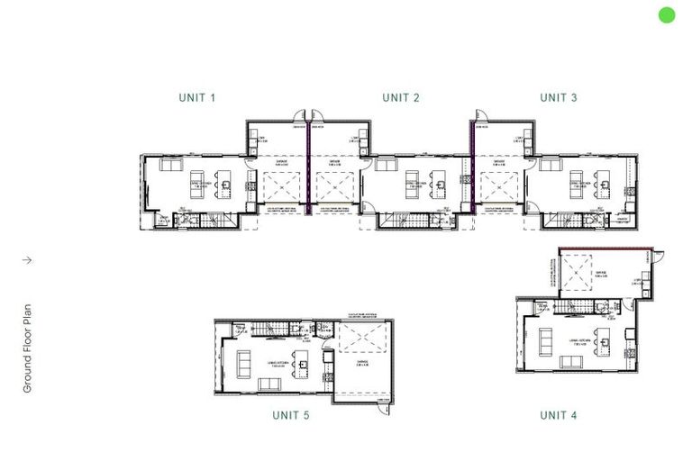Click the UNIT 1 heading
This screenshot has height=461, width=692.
click(197, 97)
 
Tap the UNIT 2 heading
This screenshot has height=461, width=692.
click(401, 97)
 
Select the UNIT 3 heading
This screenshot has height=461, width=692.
click(559, 97)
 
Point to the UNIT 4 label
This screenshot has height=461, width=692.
click(559, 415)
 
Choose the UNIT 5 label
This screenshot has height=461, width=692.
click(291, 415)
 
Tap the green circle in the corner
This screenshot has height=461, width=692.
click(667, 14)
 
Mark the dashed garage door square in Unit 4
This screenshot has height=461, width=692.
click(579, 273)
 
